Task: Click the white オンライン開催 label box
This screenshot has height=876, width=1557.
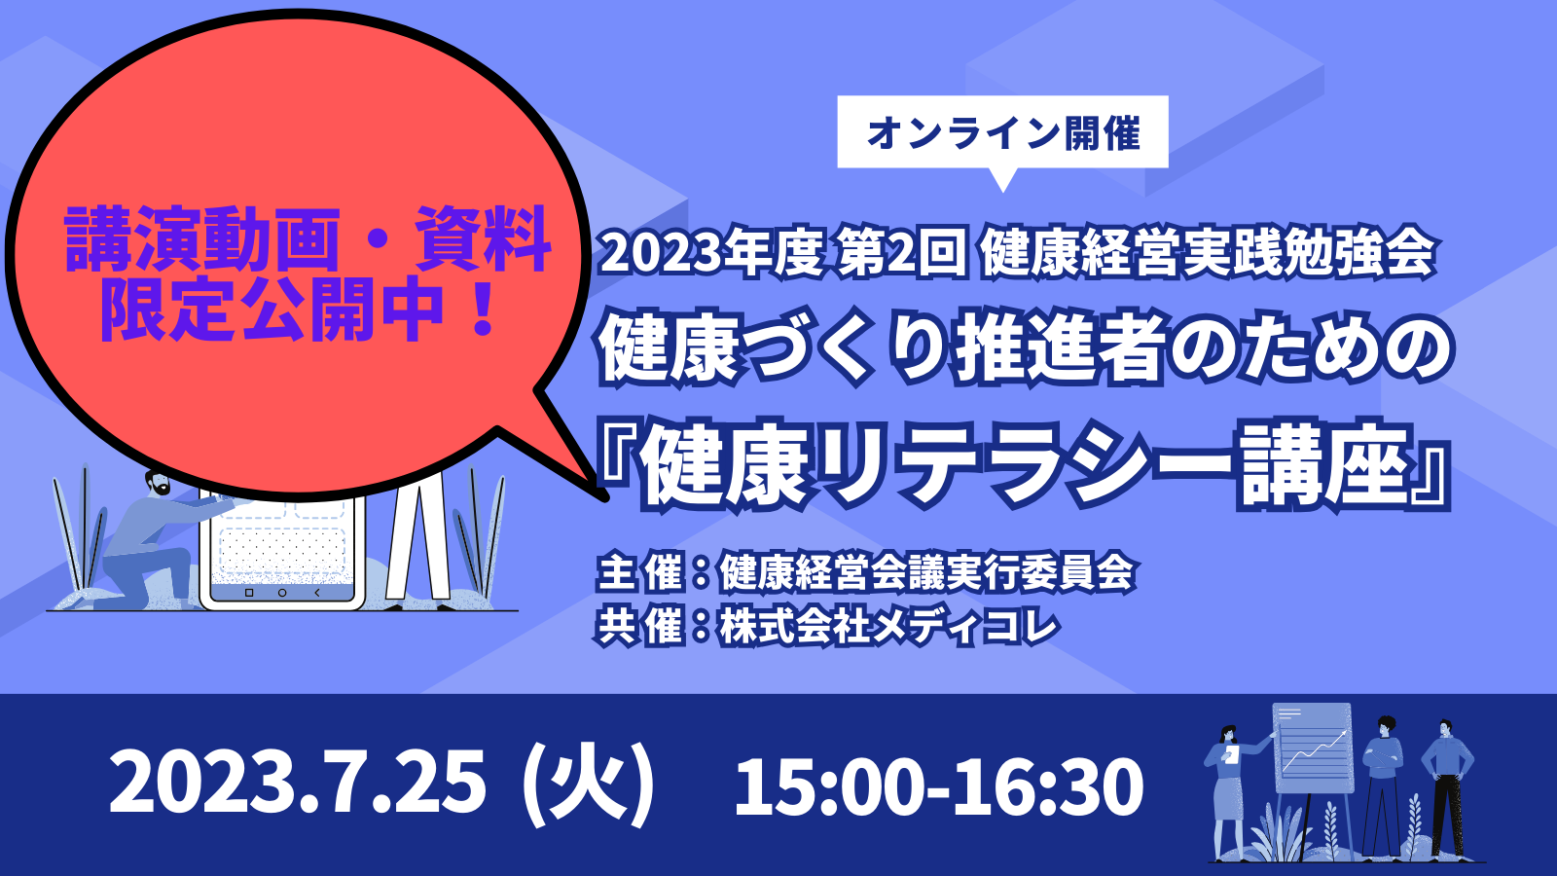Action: (x=1002, y=132)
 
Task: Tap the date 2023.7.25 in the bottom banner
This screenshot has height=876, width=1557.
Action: (x=298, y=784)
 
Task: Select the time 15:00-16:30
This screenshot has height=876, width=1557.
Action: (x=939, y=785)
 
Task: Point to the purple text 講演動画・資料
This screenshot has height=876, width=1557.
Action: (x=308, y=240)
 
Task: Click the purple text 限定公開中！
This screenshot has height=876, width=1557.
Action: (x=301, y=309)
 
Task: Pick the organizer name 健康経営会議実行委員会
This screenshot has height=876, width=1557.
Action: (x=927, y=573)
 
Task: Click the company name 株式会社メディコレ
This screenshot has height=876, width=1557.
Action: (x=889, y=626)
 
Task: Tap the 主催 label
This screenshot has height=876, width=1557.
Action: (x=638, y=573)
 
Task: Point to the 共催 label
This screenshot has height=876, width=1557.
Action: (x=638, y=626)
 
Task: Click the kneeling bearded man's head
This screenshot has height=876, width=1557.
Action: (x=158, y=482)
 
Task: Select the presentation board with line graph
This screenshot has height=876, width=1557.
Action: (x=1312, y=748)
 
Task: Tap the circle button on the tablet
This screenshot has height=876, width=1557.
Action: (x=282, y=593)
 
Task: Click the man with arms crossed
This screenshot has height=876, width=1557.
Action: (x=1381, y=785)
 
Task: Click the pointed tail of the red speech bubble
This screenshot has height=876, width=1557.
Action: (x=602, y=495)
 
